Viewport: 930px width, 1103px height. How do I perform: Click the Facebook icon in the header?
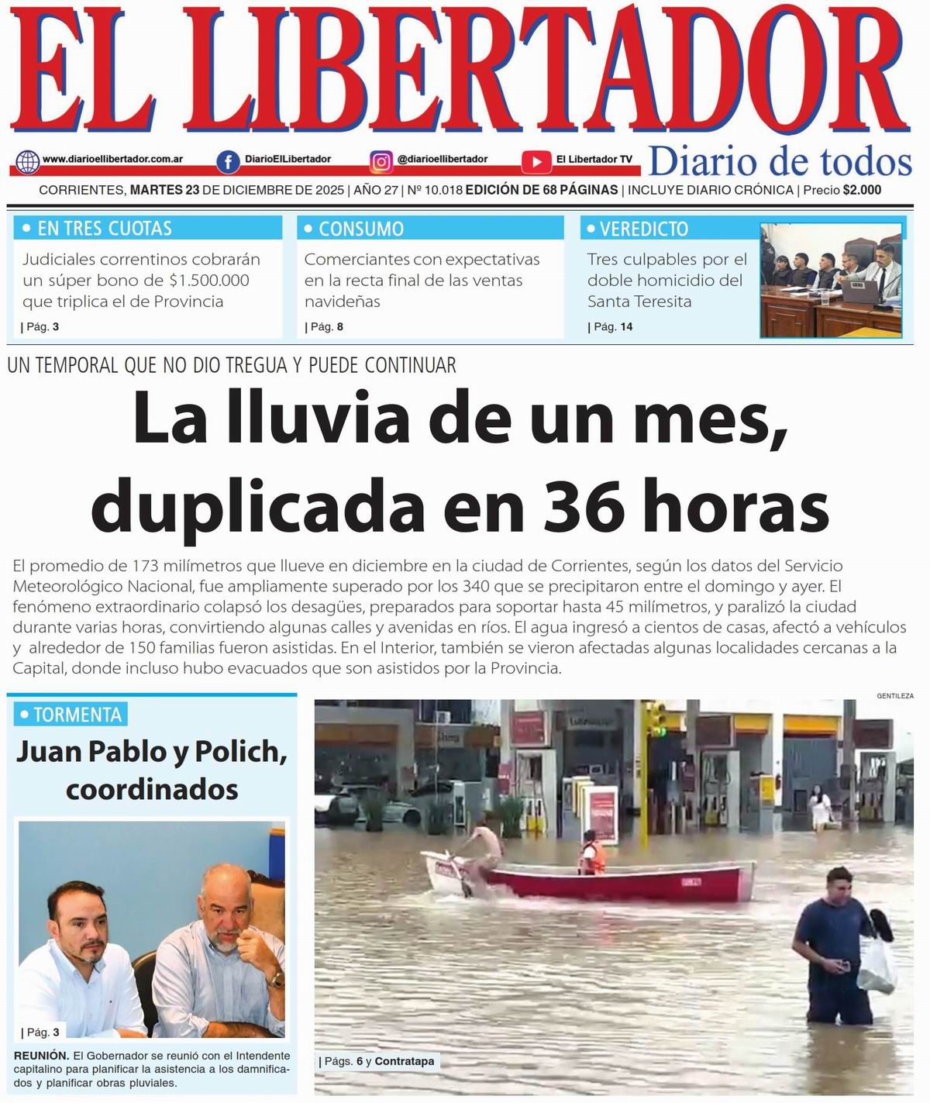227,161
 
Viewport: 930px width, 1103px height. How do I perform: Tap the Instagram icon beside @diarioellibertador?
381,161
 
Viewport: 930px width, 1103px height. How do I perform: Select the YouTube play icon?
536,161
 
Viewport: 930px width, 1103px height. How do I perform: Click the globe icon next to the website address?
28,161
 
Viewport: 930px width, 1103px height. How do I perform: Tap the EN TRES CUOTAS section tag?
105,229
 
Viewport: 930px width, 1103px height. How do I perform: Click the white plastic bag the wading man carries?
877,965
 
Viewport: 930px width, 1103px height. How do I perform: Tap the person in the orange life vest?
592,853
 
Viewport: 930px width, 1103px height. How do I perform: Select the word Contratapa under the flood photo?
404,1061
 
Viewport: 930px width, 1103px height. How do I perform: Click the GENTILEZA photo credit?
894,696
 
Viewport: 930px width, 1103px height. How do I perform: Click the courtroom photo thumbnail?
831,280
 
